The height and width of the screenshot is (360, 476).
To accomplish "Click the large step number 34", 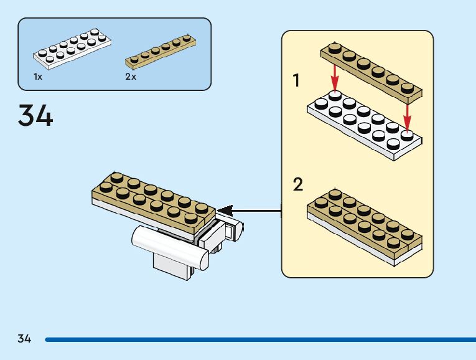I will [x=36, y=116].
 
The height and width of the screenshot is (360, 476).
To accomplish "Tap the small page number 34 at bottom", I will [x=25, y=339].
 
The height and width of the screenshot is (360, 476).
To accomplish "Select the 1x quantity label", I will [x=38, y=77].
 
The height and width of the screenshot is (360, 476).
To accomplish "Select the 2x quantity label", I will [x=131, y=77].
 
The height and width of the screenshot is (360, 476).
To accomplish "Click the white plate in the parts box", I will [x=73, y=48].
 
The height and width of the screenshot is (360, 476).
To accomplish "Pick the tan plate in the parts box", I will [x=162, y=50].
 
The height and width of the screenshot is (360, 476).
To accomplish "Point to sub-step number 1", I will [x=297, y=80].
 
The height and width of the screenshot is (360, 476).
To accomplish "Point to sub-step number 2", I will [x=298, y=185].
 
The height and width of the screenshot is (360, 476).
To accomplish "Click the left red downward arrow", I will [x=335, y=77].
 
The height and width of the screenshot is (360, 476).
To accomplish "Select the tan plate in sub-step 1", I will [x=371, y=72].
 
